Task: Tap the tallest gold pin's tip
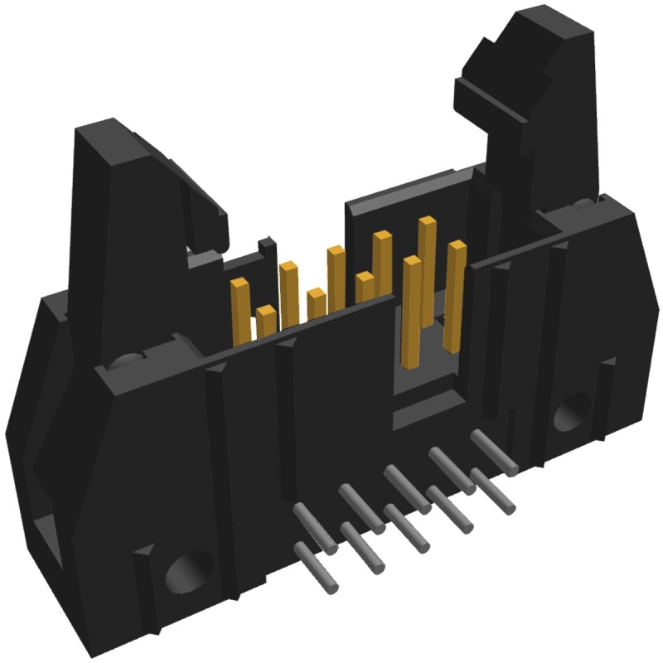pos(428,222)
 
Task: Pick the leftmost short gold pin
pos(266,319)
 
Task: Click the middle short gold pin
pos(316,302)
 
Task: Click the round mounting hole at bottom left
pos(184,573)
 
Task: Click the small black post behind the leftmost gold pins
pos(267,249)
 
